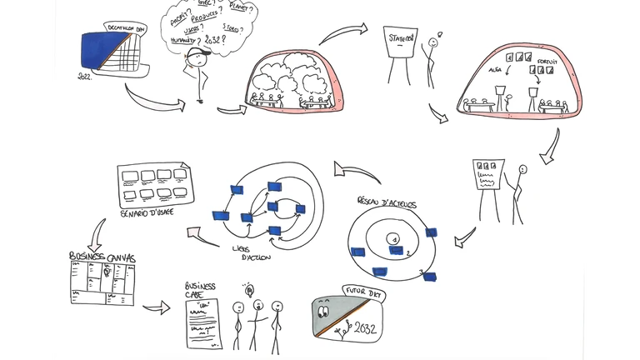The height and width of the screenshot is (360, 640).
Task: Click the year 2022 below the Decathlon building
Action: pos(84,77)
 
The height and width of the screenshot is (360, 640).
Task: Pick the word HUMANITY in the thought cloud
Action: pos(183,39)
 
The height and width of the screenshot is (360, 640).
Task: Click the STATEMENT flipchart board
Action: pos(400,42)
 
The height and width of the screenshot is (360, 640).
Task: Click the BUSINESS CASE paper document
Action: pos(201,322)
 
